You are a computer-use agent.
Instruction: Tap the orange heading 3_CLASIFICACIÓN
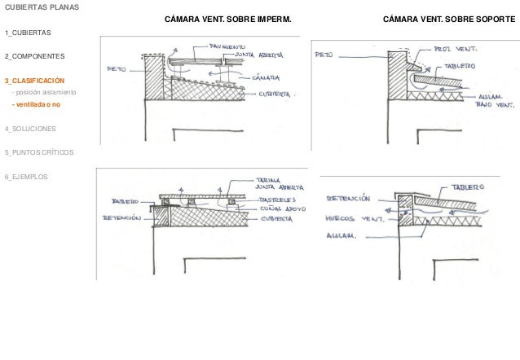click(x=35, y=81)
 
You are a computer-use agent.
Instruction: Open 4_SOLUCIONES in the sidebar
click(x=30, y=129)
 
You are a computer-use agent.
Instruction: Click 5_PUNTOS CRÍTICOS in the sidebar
click(x=38, y=152)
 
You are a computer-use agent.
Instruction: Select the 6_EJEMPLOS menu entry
click(x=26, y=177)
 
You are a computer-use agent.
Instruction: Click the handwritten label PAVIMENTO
click(x=227, y=47)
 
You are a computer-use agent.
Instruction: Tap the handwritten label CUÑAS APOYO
click(x=282, y=209)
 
